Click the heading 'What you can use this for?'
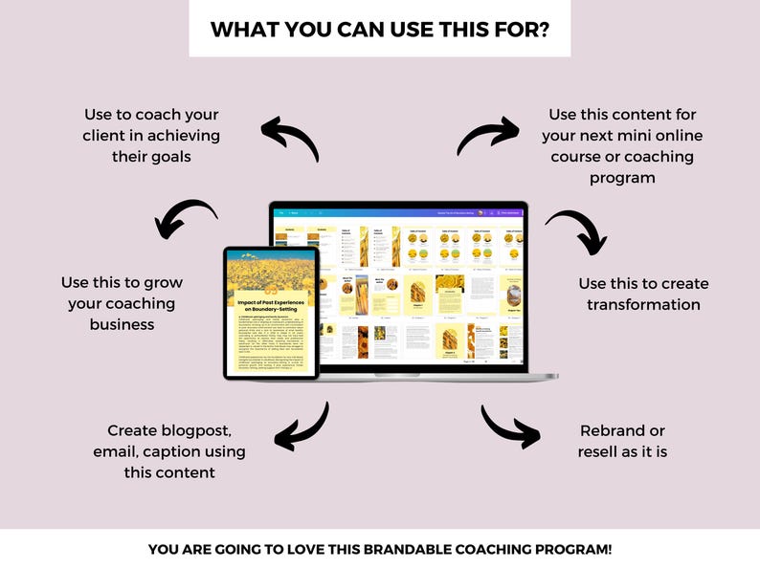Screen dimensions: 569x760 pos(379,29)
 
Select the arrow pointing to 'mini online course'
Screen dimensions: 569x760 pos(487,135)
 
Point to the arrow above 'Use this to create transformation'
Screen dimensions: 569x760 pos(576,232)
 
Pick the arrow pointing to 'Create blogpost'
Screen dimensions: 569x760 pos(302,426)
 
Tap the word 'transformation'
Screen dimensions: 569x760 pos(643,304)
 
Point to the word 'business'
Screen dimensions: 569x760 pos(122,324)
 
